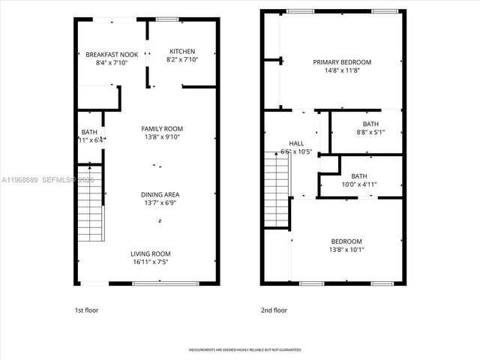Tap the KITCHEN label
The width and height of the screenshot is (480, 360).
point(181,51)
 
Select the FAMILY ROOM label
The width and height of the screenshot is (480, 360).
point(162,128)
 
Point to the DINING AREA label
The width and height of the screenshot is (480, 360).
point(160,195)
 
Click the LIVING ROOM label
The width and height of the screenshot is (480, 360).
point(151,253)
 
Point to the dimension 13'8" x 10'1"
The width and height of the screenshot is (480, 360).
point(346,250)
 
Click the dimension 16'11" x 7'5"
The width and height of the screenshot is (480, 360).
point(151,262)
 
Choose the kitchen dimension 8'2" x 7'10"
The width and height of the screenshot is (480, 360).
point(181,60)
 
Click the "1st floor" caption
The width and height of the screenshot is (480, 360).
point(86,310)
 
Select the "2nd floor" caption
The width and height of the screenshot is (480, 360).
point(274,310)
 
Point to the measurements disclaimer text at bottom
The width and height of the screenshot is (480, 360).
point(238,350)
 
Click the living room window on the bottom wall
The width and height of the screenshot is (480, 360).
point(166,283)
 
